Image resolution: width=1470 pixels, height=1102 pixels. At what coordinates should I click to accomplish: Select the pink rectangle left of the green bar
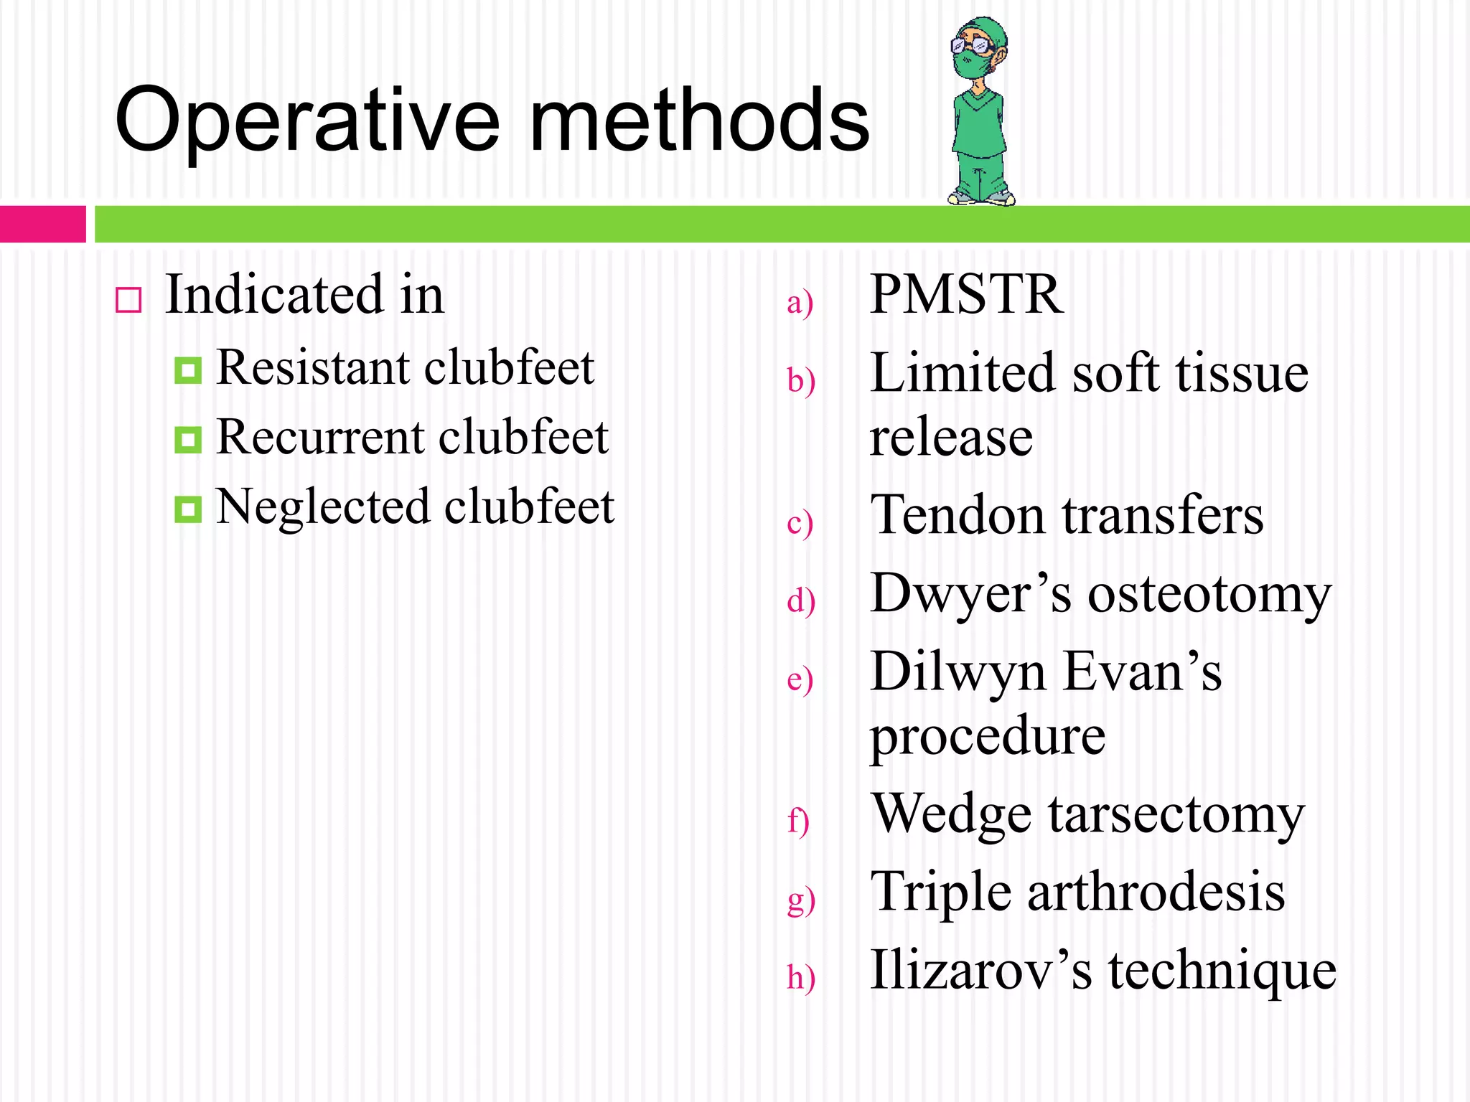click(42, 224)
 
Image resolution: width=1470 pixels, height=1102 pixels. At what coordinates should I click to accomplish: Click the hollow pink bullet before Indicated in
click(128, 300)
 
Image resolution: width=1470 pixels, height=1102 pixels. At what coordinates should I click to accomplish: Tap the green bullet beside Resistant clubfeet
click(188, 370)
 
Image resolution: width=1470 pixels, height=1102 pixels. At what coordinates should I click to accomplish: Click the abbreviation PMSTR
click(966, 295)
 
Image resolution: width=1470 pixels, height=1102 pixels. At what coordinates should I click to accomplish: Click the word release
click(951, 438)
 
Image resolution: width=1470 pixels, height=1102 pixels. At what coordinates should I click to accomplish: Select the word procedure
click(988, 737)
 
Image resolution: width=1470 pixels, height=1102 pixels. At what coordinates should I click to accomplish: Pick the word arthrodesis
click(1156, 893)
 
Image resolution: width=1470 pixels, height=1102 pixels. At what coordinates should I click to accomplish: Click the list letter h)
click(800, 977)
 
